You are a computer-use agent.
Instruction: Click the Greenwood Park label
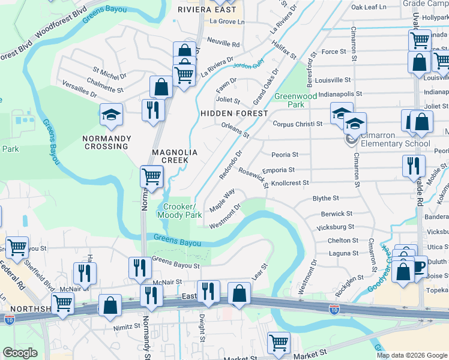(x=295, y=100)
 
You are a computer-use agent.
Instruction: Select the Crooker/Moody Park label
(x=179, y=210)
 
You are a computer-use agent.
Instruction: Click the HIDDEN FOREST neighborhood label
(x=234, y=113)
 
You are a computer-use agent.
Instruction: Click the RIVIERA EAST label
(x=205, y=10)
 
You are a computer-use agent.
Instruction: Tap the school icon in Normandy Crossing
(x=111, y=114)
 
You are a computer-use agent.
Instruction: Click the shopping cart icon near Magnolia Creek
(x=152, y=176)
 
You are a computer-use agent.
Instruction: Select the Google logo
(x=20, y=353)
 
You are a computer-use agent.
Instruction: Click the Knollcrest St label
(x=290, y=183)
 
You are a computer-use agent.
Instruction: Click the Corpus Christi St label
(x=298, y=124)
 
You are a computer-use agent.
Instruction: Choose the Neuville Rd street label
(x=223, y=44)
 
